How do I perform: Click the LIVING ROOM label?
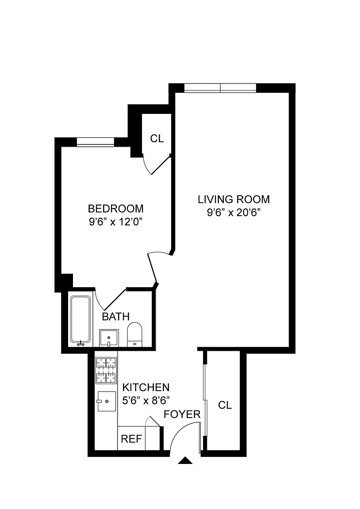pyautogui.click(x=234, y=199)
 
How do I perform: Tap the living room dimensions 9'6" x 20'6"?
pyautogui.click(x=234, y=213)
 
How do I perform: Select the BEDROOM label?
pyautogui.click(x=116, y=208)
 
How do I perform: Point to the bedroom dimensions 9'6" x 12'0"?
pyautogui.click(x=116, y=222)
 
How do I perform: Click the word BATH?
pyautogui.click(x=116, y=316)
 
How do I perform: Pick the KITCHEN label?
pyautogui.click(x=146, y=387)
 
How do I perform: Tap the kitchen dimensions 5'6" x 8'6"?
pyautogui.click(x=146, y=401)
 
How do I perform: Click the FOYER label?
pyautogui.click(x=182, y=414)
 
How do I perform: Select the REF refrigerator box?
pyautogui.click(x=131, y=439)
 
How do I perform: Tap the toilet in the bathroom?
pyautogui.click(x=134, y=334)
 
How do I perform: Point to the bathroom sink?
pyautogui.click(x=109, y=338)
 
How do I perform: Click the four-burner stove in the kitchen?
pyautogui.click(x=106, y=370)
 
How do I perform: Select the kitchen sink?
pyautogui.click(x=106, y=401)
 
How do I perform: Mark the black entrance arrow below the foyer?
pyautogui.click(x=185, y=460)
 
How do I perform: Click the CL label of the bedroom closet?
pyautogui.click(x=157, y=139)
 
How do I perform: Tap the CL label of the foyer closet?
pyautogui.click(x=225, y=405)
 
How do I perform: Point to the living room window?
pyautogui.click(x=220, y=87)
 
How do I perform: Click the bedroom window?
pyautogui.click(x=96, y=142)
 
